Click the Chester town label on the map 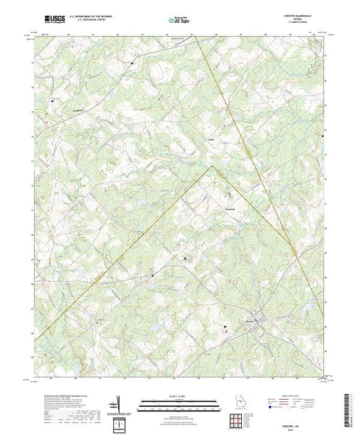(x=250, y=319)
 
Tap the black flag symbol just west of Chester (x=225, y=327)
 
